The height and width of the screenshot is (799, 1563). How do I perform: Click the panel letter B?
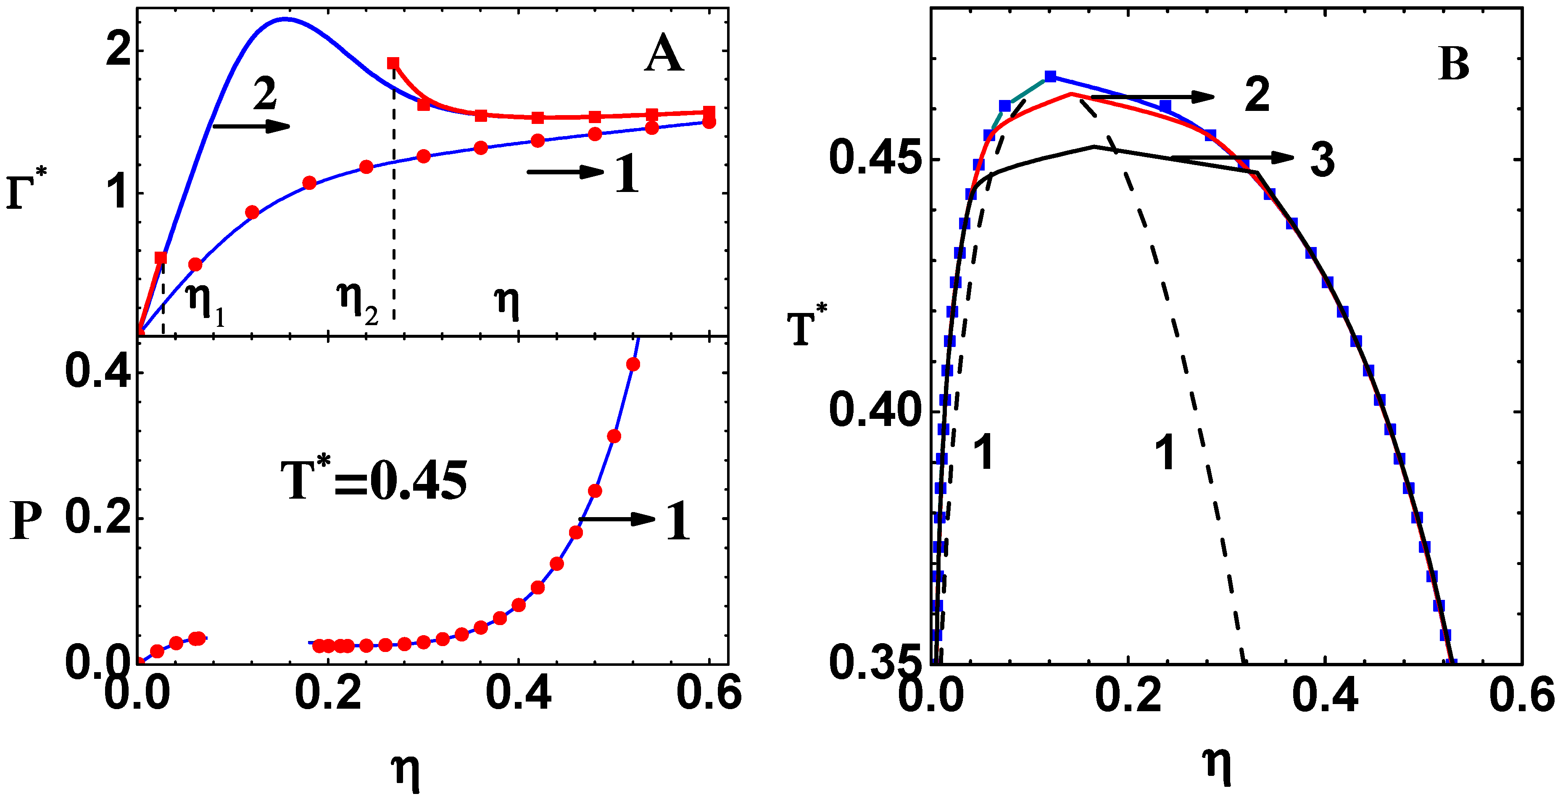point(1454,64)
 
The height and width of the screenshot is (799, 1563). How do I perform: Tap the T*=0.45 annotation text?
point(374,481)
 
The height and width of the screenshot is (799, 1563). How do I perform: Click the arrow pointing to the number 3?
point(1232,158)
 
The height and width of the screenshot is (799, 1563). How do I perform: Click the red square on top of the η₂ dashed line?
point(393,63)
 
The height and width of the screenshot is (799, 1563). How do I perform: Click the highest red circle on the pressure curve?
point(633,364)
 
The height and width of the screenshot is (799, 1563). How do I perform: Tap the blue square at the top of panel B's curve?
point(1050,76)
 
